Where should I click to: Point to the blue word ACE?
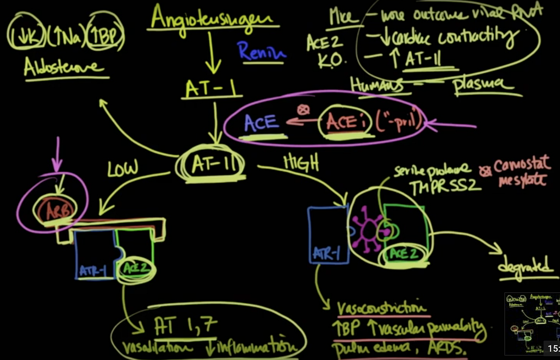tap(261, 123)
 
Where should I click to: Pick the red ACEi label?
tap(341, 121)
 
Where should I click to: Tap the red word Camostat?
tap(520, 166)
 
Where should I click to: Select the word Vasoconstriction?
tap(382, 309)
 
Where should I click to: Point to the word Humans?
tap(377, 85)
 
